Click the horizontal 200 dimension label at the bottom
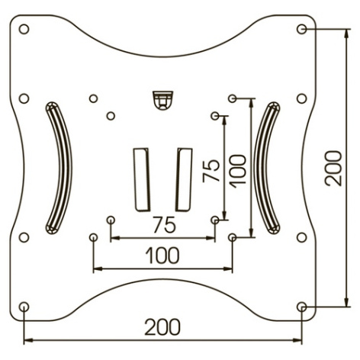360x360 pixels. coord(162,327)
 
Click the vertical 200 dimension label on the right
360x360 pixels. coord(333,169)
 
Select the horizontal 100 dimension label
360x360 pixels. coord(162,256)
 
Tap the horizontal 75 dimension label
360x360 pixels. coord(165,225)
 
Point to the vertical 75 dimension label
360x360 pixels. coord(211,171)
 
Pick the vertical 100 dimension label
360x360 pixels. coord(238,172)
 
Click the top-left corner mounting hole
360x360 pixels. coord(24,29)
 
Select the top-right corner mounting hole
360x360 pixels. coord(302,29)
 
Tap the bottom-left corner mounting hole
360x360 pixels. coord(24,307)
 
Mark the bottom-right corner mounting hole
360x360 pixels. coord(302,307)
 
